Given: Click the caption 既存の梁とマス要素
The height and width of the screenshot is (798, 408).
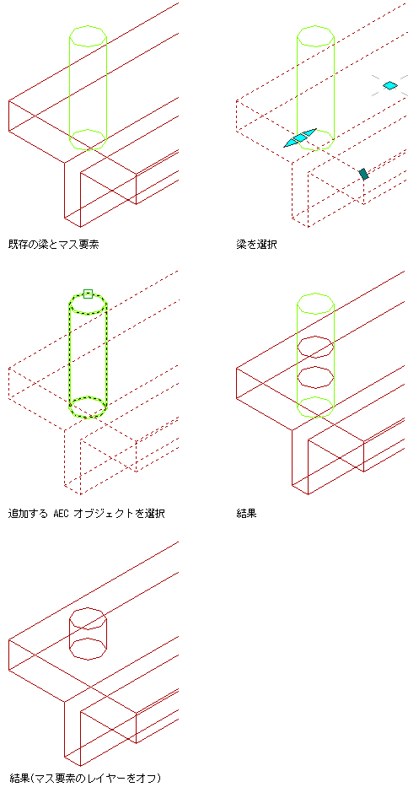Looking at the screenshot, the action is pos(53,245).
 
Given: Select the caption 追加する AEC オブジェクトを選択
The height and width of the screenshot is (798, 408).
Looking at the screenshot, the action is pos(87,514).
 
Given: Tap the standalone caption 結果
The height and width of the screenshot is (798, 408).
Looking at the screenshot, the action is pos(247,514).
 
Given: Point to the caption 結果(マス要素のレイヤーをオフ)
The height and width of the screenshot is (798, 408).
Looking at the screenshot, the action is pos(85,778).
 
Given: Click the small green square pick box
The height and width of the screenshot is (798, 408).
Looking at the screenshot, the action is pos(88,294).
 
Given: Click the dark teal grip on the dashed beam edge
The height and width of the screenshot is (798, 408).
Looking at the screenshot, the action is pos(363,174).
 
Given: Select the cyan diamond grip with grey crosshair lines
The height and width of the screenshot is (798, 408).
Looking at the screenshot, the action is pos(390,85).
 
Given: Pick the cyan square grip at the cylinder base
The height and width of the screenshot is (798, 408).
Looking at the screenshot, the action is pos(301,137).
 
